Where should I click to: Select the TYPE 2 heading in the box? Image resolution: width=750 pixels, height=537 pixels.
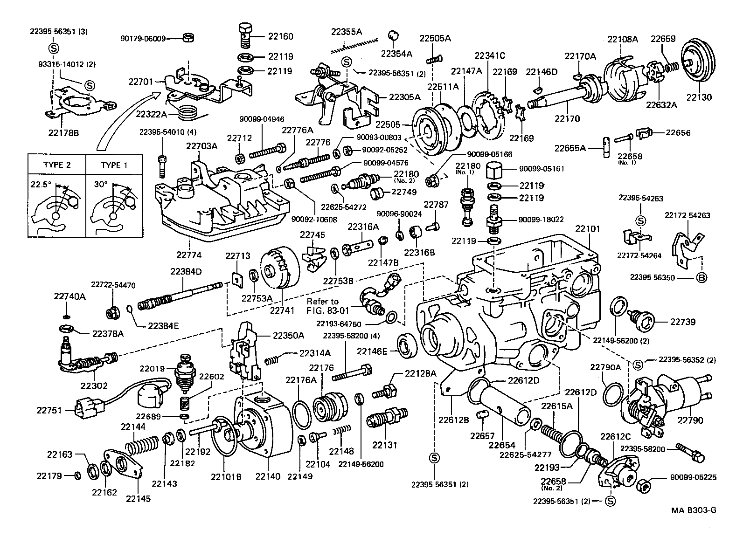(57, 165)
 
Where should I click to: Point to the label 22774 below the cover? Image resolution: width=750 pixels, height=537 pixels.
(188, 255)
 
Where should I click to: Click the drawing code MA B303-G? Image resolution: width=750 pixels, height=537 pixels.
(694, 509)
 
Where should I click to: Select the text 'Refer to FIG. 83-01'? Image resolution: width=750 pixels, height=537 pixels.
(323, 305)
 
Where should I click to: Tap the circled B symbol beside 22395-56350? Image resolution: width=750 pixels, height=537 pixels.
(701, 278)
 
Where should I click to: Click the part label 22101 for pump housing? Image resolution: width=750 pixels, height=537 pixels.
(587, 229)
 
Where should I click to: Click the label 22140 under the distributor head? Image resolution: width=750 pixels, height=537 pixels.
(268, 476)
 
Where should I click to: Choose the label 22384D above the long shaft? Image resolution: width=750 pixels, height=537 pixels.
(187, 271)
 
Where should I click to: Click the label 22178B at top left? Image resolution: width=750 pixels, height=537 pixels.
(63, 133)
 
